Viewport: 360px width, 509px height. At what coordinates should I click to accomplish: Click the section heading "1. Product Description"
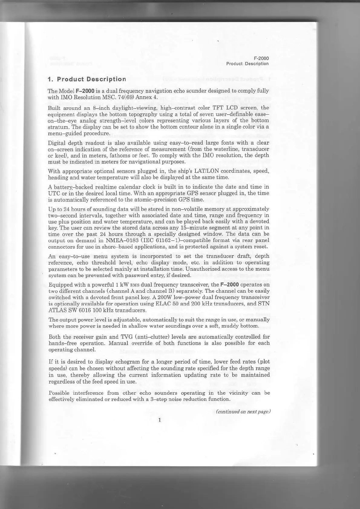87,79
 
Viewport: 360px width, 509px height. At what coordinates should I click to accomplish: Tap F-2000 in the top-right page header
261,58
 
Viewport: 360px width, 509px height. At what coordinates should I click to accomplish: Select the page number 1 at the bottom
159,419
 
